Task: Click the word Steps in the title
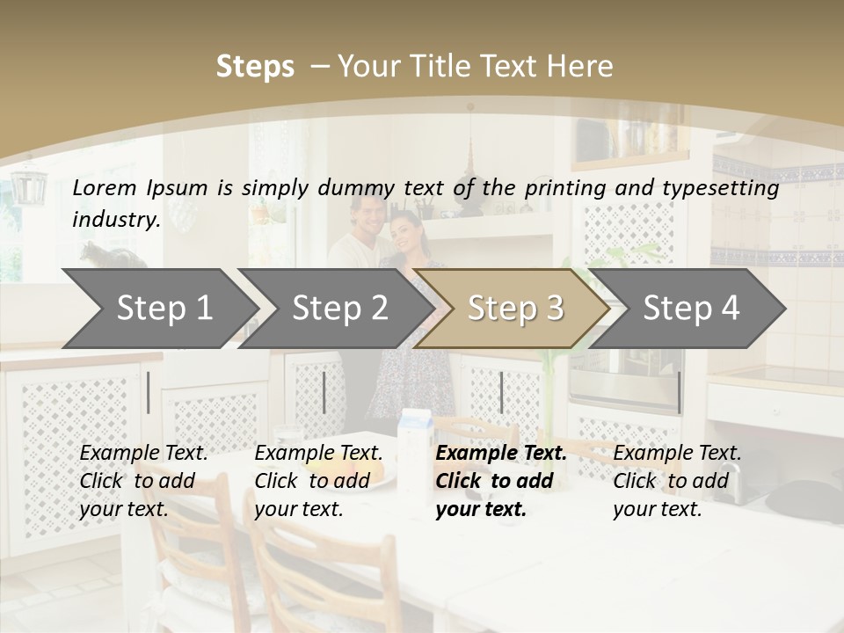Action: point(255,67)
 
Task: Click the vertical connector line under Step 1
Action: point(149,392)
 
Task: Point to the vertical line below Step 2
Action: point(324,392)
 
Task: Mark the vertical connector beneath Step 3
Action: point(501,392)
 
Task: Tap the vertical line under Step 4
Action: point(679,392)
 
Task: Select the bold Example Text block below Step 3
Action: point(501,481)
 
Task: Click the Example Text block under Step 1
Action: point(143,481)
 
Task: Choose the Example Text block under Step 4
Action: point(677,481)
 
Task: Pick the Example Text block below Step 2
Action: point(318,481)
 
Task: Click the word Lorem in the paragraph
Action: point(105,187)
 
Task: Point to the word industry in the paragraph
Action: point(115,219)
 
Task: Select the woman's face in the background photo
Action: point(404,232)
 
